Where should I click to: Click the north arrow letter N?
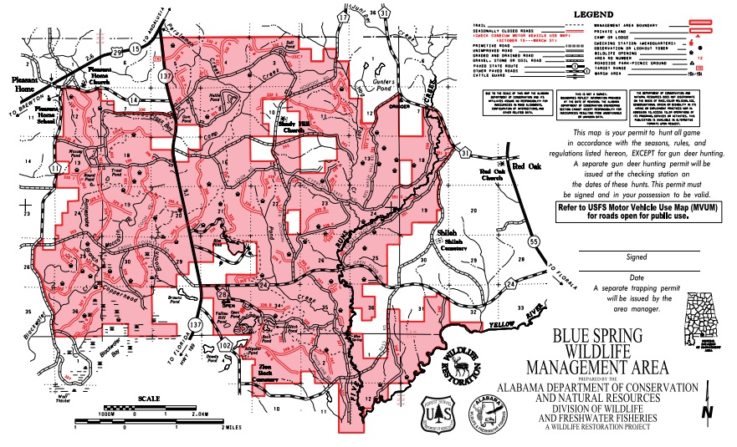708,412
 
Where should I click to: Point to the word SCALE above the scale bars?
150,399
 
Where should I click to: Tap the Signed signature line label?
638,258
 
